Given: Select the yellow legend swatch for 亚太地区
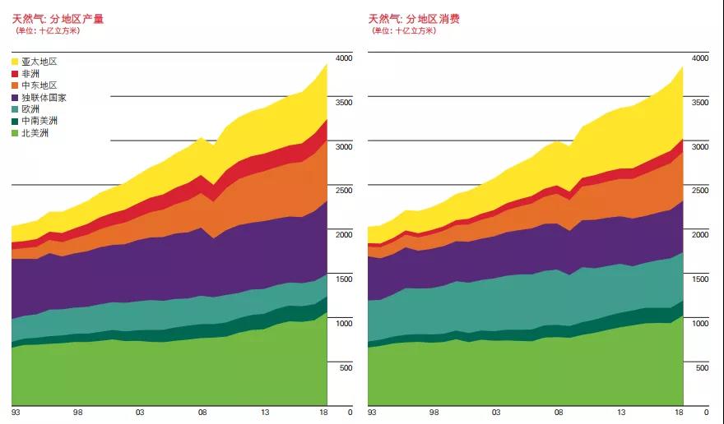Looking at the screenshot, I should pos(16,62).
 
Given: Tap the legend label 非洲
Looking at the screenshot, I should pos(30,74).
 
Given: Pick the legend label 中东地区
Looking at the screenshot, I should pos(39,85).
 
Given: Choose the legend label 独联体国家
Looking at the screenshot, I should pos(44,98).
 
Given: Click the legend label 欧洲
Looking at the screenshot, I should pos(30,109).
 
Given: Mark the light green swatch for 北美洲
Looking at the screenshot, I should pos(16,133).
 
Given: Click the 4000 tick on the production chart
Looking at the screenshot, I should pos(342,58).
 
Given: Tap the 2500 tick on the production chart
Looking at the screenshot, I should pos(342,191).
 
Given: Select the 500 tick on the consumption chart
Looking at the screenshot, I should pos(702,368).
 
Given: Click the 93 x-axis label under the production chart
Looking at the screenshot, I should pos(16,412).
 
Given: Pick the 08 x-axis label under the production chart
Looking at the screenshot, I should pos(202,412).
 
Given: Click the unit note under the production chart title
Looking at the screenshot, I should pos(49,31).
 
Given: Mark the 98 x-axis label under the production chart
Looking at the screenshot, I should pos(78,412).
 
